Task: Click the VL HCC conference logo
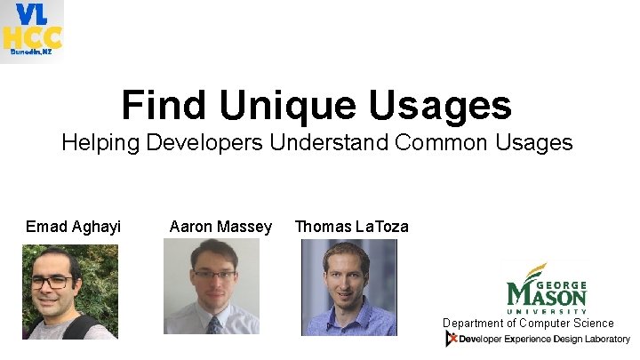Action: (32, 30)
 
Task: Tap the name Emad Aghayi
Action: (73, 227)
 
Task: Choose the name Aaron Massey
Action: (220, 227)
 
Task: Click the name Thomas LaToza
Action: (352, 227)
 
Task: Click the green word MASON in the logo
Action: (547, 293)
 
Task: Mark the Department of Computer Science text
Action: (528, 323)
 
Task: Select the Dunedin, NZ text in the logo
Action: (31, 52)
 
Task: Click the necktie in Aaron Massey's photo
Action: (214, 324)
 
